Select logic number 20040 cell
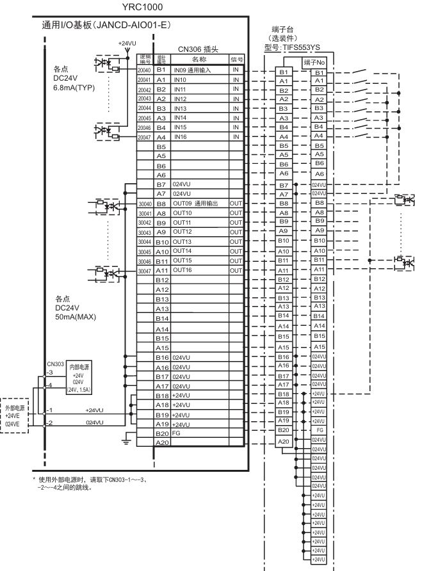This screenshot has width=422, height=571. (145, 69)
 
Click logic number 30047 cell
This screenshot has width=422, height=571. (145, 271)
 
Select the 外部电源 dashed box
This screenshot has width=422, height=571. (17, 414)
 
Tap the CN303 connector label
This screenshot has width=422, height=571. (56, 364)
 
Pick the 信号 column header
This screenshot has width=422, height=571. (237, 59)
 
